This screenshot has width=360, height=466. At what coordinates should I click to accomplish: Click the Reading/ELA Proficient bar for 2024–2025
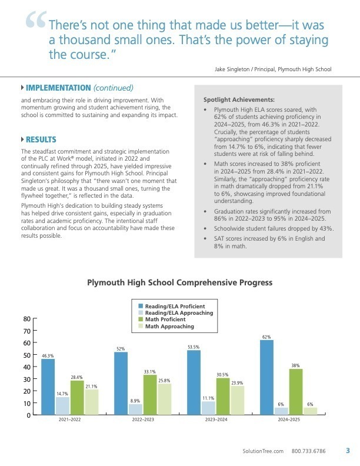pos(266,378)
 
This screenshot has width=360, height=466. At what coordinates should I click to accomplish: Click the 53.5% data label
pos(194,347)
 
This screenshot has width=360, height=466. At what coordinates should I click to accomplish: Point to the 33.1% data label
pos(149,372)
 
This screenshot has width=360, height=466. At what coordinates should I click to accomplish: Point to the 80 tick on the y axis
pos(26,319)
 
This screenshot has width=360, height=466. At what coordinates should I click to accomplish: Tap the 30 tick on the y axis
pos(26,380)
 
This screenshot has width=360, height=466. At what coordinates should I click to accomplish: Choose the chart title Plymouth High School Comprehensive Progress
pos(179,282)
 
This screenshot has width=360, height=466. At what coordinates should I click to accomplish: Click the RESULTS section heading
pos(41,139)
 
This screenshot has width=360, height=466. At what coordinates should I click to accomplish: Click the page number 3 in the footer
pos(348,451)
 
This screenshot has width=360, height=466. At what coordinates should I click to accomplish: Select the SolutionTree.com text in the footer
pos(263,451)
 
